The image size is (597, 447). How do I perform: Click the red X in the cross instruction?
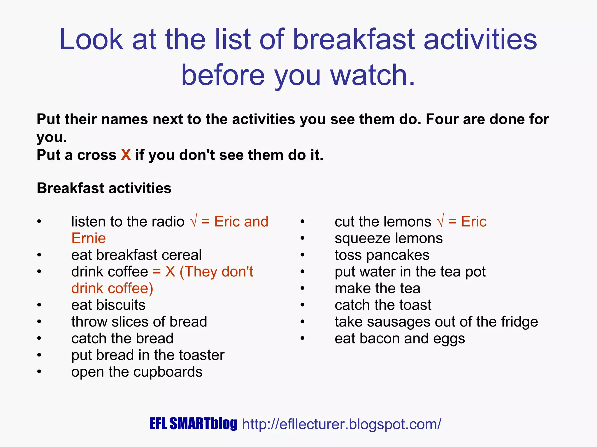coord(126,155)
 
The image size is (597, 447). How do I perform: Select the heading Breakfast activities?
coord(104,188)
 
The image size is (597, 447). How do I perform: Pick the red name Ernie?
coord(88,238)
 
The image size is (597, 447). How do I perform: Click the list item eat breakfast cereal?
coord(136,255)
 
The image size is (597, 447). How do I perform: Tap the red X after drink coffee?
coord(170,272)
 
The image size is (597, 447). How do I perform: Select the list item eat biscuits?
coord(108,305)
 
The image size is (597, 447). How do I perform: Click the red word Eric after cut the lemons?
coord(474,222)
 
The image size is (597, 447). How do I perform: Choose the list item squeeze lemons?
coord(389,238)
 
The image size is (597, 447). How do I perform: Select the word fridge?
coord(519,322)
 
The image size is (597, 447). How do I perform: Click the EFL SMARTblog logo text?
coord(193,424)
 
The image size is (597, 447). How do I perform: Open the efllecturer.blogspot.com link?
coord(342,424)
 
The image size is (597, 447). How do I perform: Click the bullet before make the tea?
coord(303,289)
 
